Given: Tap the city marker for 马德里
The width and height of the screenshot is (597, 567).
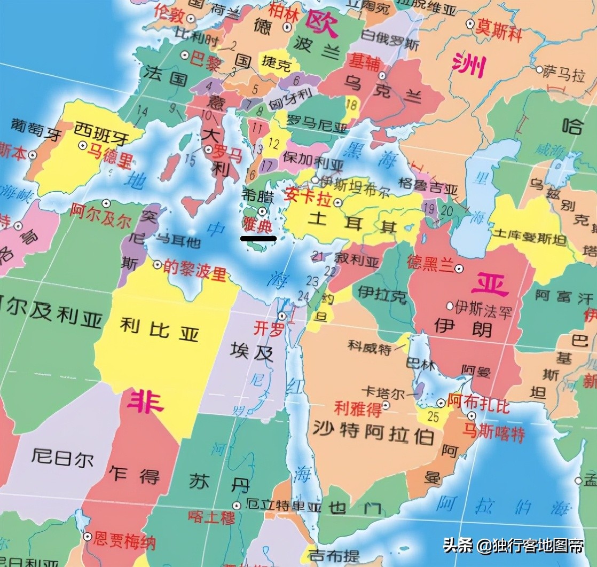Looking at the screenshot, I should point(83,145).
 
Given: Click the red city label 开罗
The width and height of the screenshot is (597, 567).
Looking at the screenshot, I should point(268,328).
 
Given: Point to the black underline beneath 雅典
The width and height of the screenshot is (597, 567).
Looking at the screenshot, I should point(258,238).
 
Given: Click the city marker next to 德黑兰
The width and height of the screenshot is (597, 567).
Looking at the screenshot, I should point(459,268).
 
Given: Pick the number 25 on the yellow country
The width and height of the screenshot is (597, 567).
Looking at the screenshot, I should point(434,416).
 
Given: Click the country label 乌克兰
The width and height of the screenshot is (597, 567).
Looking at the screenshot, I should point(383,89).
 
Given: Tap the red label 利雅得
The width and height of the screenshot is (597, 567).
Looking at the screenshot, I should point(357,408).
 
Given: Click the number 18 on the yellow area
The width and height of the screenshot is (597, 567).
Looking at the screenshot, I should point(351,104).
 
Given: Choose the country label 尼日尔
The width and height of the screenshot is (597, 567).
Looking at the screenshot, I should point(62,457).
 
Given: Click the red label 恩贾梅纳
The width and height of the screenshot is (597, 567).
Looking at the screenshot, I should point(124,541).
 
